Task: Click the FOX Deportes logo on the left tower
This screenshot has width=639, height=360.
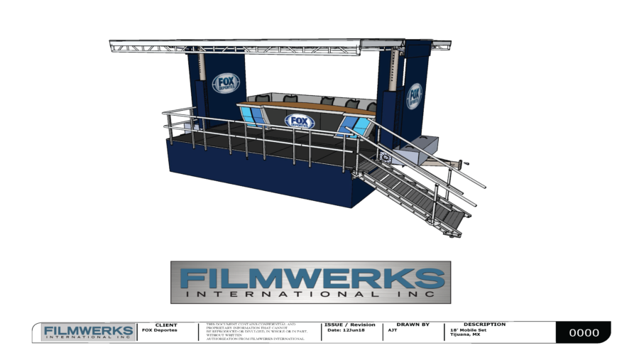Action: click(226, 84)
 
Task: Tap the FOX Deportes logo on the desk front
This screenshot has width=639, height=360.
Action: click(300, 121)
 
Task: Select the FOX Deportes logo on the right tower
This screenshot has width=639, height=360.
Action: click(414, 96)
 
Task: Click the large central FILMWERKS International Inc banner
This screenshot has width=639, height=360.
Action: click(310, 282)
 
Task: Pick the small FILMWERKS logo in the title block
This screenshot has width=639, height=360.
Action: click(88, 332)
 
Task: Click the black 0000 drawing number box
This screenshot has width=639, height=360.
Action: click(583, 332)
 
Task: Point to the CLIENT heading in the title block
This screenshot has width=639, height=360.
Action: click(165, 324)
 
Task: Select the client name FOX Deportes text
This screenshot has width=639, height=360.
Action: click(160, 330)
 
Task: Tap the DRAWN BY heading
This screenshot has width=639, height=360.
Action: click(413, 324)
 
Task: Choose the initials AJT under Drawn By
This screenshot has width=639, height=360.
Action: click(393, 330)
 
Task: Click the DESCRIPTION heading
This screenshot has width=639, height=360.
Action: click(484, 324)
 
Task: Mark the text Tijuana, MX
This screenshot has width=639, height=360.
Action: click(465, 334)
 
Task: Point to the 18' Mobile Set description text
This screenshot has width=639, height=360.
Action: click(468, 330)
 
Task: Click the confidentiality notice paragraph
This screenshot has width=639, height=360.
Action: click(255, 332)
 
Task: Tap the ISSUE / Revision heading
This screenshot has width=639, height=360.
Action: click(349, 324)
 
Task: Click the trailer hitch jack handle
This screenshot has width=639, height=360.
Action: click(464, 165)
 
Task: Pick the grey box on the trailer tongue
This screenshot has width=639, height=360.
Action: click(420, 145)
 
